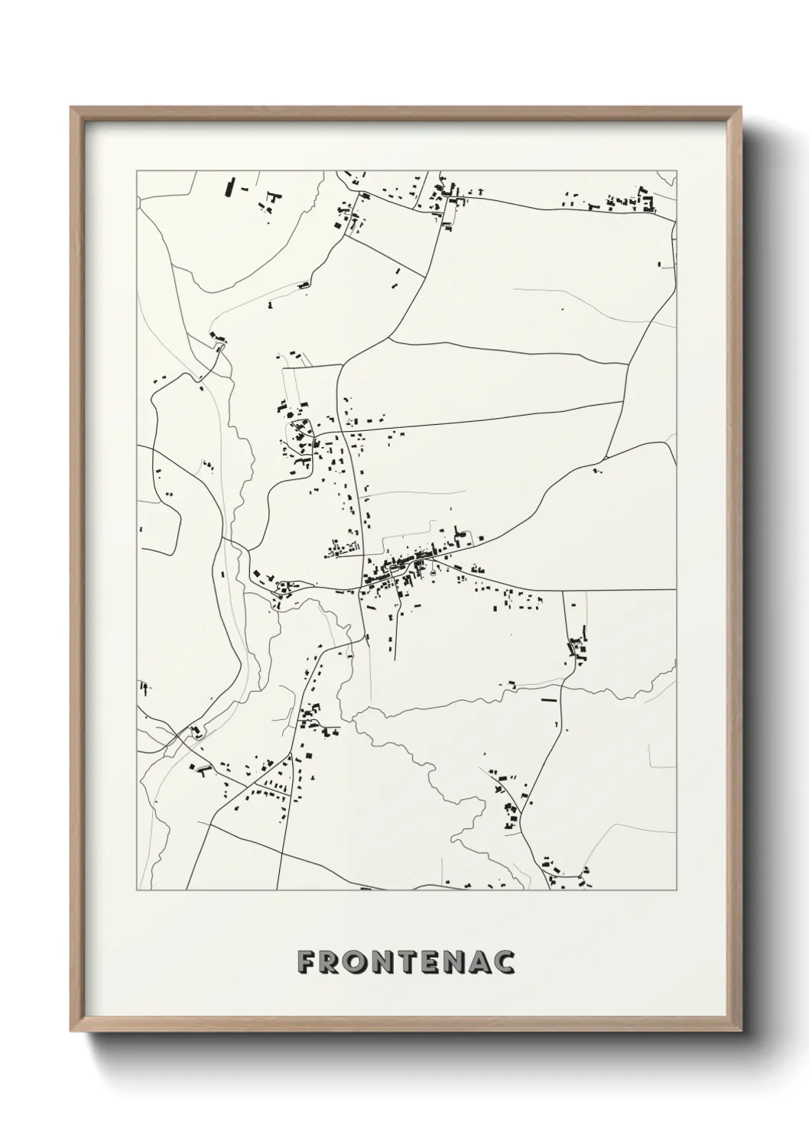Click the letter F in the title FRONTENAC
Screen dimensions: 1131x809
point(307,962)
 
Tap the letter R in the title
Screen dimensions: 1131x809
point(332,962)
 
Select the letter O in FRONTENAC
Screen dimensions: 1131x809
point(359,962)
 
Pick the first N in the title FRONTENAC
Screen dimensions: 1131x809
point(386,962)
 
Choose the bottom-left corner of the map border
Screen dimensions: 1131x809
point(137,890)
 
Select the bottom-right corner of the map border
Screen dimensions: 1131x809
point(677,890)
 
